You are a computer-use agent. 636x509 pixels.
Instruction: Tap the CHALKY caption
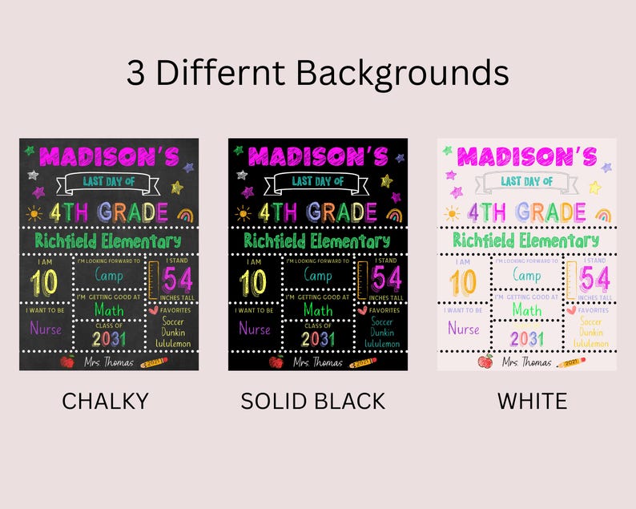[x=105, y=401]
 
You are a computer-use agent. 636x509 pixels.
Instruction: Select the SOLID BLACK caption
[x=313, y=401]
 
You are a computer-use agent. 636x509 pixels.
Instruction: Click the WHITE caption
[x=533, y=401]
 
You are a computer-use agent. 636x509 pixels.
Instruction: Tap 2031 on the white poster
[x=526, y=338]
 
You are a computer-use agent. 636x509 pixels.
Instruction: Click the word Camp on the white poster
[x=526, y=275]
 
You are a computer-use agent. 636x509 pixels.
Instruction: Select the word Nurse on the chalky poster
[x=45, y=328]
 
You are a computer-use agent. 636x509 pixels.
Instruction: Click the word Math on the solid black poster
[x=318, y=309]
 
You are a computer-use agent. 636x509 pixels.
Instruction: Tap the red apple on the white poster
[x=485, y=362]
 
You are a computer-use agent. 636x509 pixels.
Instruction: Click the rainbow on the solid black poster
[x=393, y=214]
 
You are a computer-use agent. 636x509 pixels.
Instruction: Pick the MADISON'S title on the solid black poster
[x=318, y=156]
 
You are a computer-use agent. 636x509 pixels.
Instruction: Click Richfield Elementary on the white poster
[x=525, y=240]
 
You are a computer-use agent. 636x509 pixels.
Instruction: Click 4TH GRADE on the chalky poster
[x=108, y=212]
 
